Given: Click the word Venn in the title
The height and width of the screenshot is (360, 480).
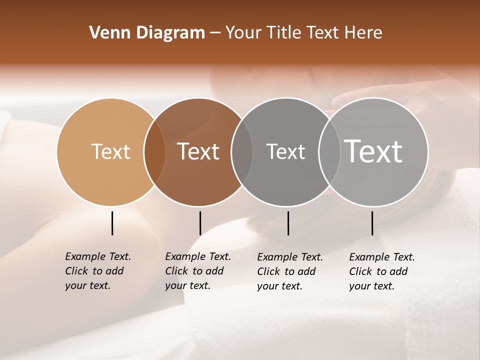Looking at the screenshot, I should coord(104,33).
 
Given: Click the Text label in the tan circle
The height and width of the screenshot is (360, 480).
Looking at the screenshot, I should coord(110,151).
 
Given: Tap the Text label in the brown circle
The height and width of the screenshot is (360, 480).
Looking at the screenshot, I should coord(198,151).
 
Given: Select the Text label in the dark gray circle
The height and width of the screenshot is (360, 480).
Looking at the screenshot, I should coord(285,151).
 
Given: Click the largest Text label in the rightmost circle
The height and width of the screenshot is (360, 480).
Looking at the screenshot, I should coord(373,151).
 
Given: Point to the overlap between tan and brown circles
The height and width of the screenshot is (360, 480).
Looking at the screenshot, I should coord(154,152).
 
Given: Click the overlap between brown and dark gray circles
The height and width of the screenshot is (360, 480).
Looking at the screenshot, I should coord(242,152).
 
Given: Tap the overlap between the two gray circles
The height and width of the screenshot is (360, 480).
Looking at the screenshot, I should coord(329,152).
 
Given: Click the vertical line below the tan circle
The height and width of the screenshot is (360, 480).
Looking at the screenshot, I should coord(112,223).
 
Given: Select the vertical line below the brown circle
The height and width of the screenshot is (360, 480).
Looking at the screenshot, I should coord(200,223).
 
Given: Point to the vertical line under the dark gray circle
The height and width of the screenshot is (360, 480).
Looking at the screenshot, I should coord(288,223).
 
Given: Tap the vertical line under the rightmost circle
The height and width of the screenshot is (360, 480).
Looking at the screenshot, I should coord(372,223).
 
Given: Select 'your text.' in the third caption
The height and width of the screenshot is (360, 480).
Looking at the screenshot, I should coord(280,286).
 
